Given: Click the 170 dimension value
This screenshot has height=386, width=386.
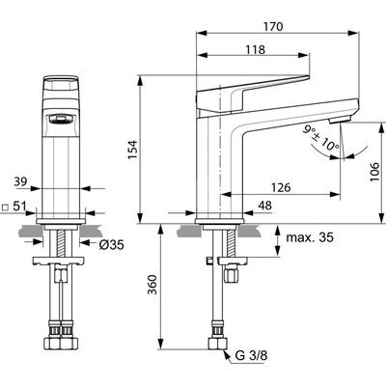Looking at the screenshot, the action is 273,26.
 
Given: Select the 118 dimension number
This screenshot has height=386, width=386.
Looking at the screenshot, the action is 256,49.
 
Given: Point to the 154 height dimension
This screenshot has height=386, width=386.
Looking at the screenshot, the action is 132,149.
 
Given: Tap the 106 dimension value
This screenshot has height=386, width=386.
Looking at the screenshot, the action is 374,172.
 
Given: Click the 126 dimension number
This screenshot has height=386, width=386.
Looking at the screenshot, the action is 281,187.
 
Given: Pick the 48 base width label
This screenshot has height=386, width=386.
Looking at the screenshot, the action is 264,206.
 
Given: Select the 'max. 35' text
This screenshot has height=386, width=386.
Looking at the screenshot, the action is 310,237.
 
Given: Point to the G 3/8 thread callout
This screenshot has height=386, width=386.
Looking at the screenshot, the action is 251,355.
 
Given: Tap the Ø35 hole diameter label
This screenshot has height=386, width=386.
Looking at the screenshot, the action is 112,245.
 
